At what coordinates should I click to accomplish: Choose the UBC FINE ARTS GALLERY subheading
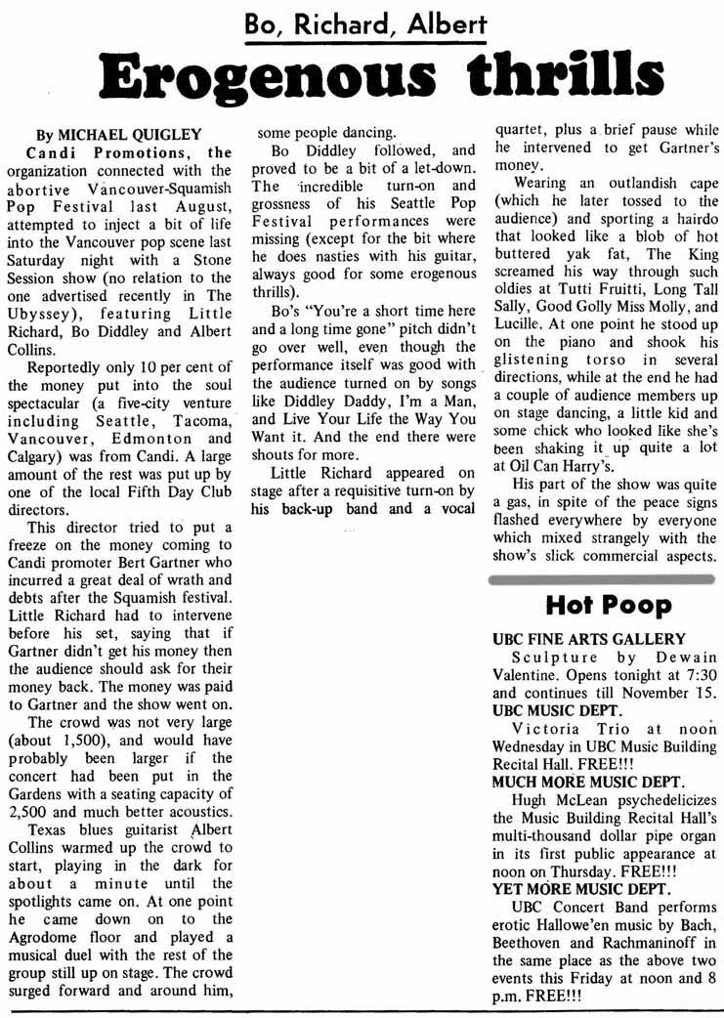575,639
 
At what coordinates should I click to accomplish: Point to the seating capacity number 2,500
30,813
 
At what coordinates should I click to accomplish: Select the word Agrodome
54,919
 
